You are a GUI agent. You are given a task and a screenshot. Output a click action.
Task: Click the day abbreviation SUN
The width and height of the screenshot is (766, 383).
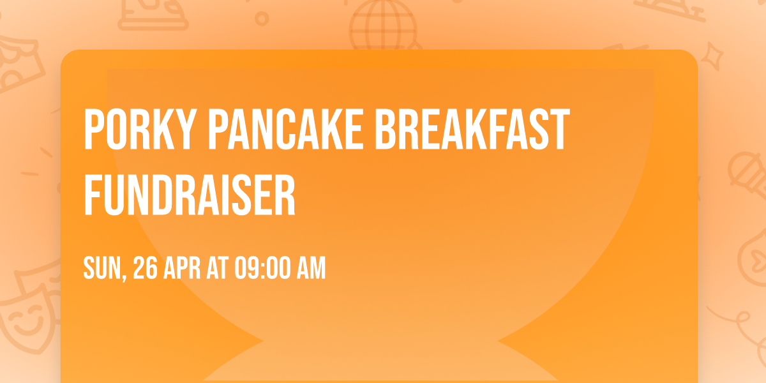click(101, 269)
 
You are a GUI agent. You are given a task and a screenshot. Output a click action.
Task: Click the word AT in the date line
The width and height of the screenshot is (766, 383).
click(218, 269)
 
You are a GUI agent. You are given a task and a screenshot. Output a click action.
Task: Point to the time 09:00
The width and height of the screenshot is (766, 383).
click(262, 269)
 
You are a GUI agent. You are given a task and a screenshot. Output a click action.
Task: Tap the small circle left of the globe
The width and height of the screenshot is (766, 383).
click(262, 19)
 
